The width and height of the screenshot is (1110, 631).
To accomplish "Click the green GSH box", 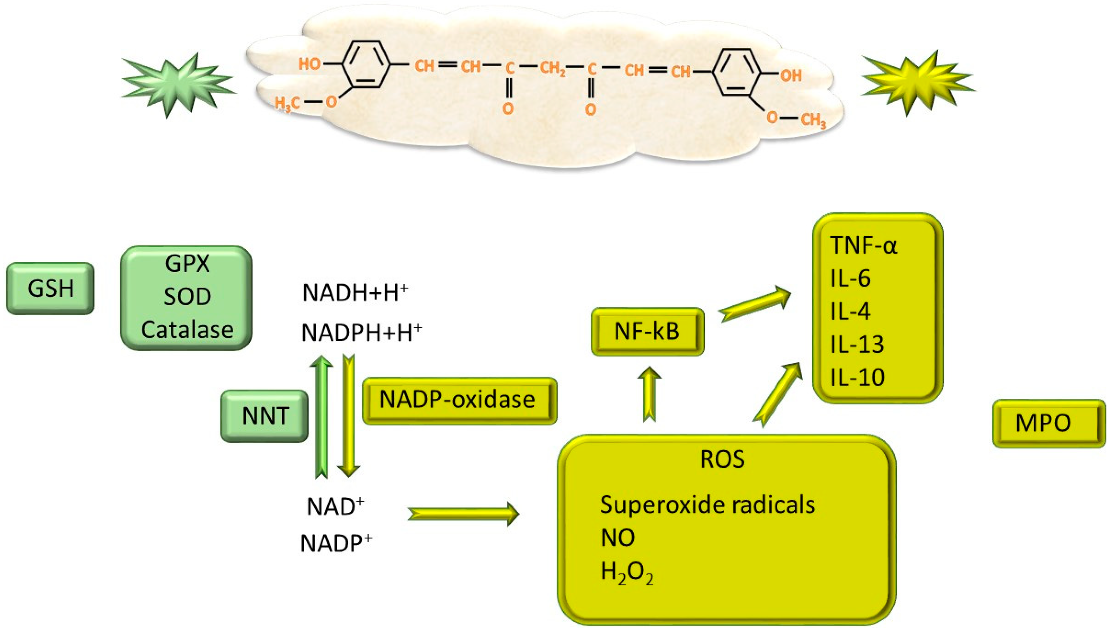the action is [50, 288].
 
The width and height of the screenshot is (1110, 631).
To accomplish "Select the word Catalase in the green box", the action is [187, 330].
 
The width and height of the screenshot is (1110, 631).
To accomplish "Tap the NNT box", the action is [265, 416].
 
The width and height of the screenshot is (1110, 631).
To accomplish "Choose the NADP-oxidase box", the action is [459, 401].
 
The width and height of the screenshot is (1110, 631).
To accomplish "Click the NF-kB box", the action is [648, 332].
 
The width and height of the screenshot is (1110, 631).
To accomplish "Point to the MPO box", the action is [1049, 423].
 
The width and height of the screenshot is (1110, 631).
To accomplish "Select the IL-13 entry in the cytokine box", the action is [857, 344].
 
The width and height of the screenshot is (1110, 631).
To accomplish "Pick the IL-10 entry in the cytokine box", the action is [857, 377].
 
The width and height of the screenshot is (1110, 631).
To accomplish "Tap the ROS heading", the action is [723, 459].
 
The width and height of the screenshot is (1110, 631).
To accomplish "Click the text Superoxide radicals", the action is [707, 505].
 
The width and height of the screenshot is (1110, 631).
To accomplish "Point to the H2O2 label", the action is [627, 573].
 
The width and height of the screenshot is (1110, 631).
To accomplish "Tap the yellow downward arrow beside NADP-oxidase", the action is [348, 416].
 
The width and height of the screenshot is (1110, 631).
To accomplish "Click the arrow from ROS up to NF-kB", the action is [649, 394].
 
